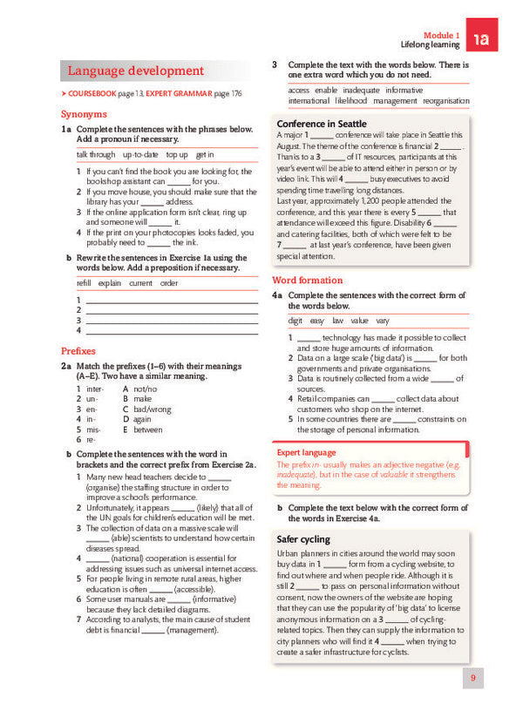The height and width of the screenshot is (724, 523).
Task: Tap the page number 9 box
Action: (x=472, y=677)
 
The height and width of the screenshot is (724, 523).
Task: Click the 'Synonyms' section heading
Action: (x=85, y=114)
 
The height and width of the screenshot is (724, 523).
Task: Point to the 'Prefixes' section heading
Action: (x=78, y=350)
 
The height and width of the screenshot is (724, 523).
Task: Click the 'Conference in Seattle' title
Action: (x=321, y=124)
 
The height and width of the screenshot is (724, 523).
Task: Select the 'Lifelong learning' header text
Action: (x=429, y=44)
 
